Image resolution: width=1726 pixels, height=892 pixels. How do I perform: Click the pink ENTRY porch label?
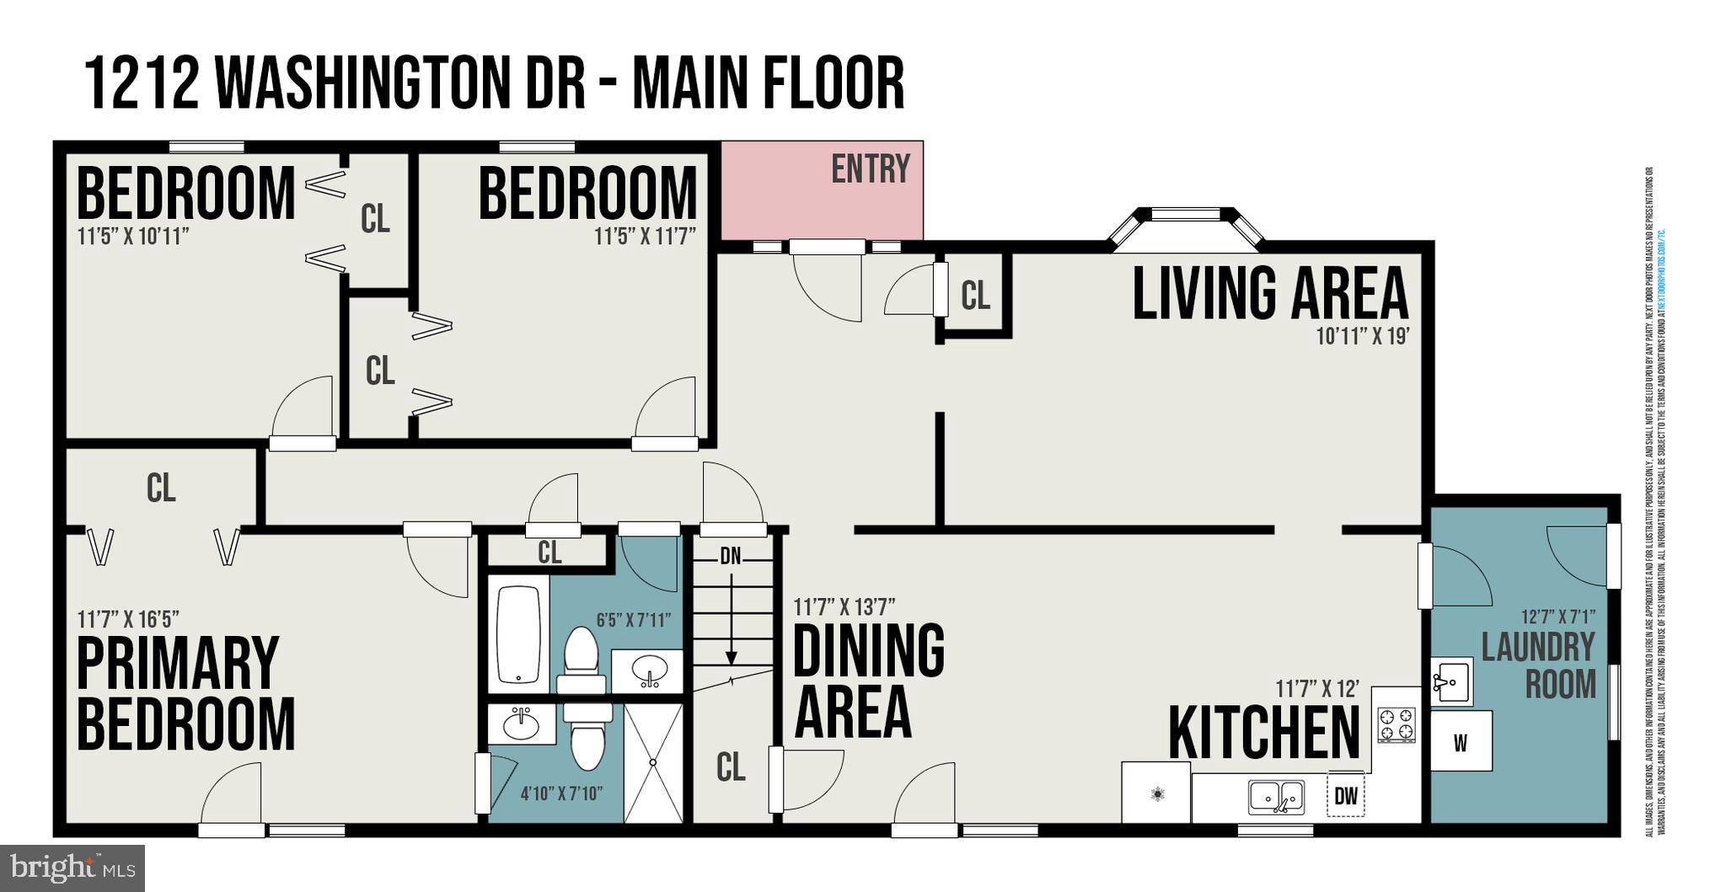[x=870, y=169]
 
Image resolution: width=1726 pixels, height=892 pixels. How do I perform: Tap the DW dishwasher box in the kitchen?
[x=1346, y=795]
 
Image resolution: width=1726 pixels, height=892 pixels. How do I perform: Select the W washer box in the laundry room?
[x=1461, y=742]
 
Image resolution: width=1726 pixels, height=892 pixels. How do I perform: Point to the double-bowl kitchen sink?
[x=1277, y=797]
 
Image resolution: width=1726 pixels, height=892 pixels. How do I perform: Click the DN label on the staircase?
[x=730, y=556]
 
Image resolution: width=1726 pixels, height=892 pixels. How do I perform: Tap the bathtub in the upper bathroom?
[x=518, y=634]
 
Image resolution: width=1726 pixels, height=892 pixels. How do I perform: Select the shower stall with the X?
[x=653, y=762]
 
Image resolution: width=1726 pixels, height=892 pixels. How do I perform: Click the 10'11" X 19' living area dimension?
[x=1363, y=336]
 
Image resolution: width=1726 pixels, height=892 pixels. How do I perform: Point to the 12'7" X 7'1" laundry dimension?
[x=1557, y=617]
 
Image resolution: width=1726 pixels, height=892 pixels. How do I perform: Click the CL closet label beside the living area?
[x=975, y=296]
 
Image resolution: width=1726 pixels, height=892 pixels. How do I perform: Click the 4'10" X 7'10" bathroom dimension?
[x=561, y=793]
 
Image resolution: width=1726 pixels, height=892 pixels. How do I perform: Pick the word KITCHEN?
[x=1263, y=734]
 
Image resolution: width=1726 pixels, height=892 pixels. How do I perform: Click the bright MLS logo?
[x=72, y=867]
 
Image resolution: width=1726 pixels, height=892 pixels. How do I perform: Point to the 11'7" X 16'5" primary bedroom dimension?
[x=128, y=620]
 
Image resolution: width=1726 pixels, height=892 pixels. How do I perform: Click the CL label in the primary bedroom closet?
[x=161, y=488]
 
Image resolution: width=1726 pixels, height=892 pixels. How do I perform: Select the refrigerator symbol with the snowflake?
[x=1156, y=793]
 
